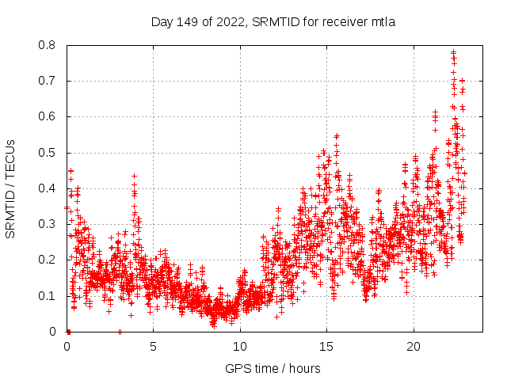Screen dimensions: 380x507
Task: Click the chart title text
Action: [x=273, y=21]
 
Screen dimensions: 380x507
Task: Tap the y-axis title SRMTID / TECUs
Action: [x=10, y=188]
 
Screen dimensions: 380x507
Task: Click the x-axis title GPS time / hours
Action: [x=273, y=368]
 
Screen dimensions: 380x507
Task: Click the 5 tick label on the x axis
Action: [x=154, y=347]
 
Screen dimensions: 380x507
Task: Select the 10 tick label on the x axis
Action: [x=240, y=347]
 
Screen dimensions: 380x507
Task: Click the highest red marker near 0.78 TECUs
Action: [x=453, y=52]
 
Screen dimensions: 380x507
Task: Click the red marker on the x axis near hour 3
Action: [x=120, y=331]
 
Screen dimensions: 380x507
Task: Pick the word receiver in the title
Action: [x=346, y=21]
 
